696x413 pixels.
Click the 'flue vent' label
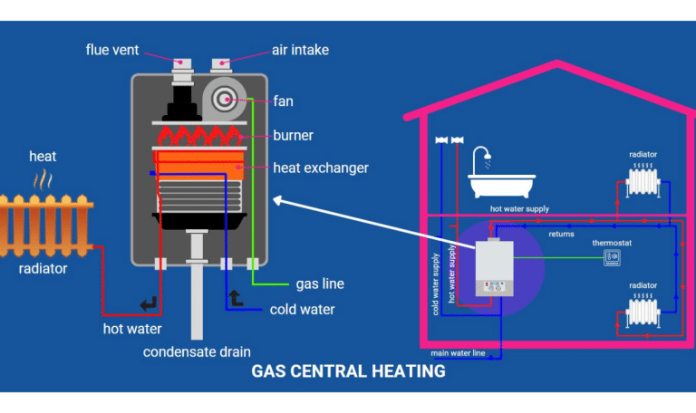click(112, 50)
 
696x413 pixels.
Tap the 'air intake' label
click(299, 50)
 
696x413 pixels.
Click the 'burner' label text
click(293, 136)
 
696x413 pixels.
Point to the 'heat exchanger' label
click(321, 168)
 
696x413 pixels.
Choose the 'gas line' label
click(320, 283)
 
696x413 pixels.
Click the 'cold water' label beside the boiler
click(302, 310)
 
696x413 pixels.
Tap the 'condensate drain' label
click(197, 351)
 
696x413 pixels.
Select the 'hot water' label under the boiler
click(131, 328)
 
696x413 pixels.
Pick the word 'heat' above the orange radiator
click(43, 157)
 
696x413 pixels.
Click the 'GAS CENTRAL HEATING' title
click(348, 371)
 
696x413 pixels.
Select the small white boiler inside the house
click(495, 268)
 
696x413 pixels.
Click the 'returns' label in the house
click(561, 235)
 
